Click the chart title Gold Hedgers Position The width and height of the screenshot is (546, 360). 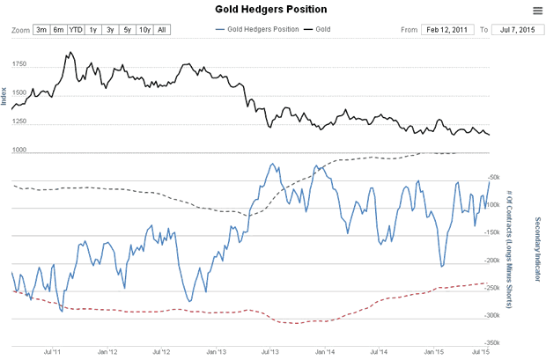pos(272,10)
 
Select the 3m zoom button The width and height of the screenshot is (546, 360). pos(41,30)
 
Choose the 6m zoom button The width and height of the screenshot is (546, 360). pos(58,30)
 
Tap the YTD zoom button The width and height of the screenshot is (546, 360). pos(76,30)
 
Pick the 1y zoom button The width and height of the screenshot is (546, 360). pos(93,30)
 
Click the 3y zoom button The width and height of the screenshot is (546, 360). pos(110,30)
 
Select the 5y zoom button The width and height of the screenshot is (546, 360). pos(127,30)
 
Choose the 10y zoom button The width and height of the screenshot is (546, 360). pos(144,30)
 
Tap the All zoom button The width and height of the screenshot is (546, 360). pos(162,30)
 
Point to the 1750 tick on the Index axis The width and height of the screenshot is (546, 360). pos(18,66)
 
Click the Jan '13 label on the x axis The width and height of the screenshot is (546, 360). pos(215,354)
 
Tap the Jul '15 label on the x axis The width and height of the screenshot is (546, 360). pos(481,354)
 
